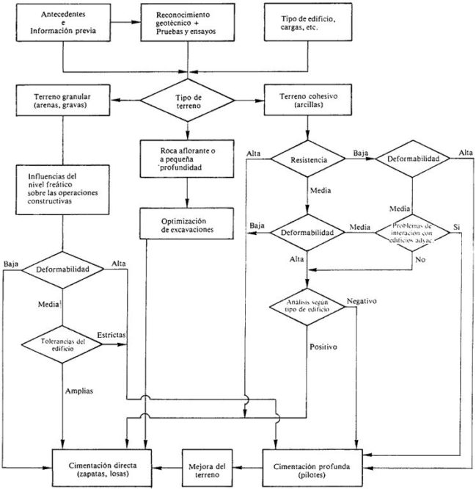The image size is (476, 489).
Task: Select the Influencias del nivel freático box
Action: click(x=62, y=189)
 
